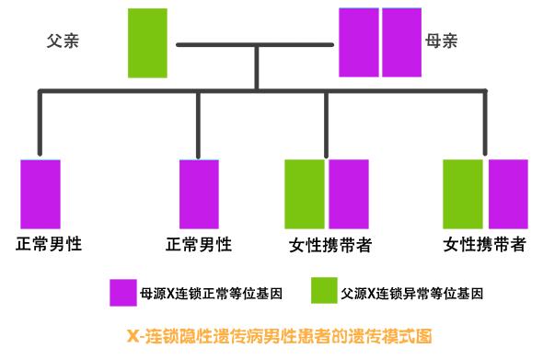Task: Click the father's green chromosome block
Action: click(x=147, y=42)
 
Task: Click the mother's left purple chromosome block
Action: click(x=359, y=42)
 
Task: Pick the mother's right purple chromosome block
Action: click(x=401, y=42)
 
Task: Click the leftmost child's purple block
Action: click(x=40, y=193)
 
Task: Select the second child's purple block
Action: click(x=199, y=193)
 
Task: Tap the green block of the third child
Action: click(x=304, y=193)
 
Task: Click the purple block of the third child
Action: click(x=348, y=193)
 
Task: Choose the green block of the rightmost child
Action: click(x=463, y=193)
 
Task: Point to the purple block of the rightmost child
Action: click(x=508, y=193)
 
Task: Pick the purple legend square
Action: click(x=122, y=292)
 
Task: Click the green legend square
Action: click(x=323, y=292)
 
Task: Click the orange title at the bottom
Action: click(x=278, y=335)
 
